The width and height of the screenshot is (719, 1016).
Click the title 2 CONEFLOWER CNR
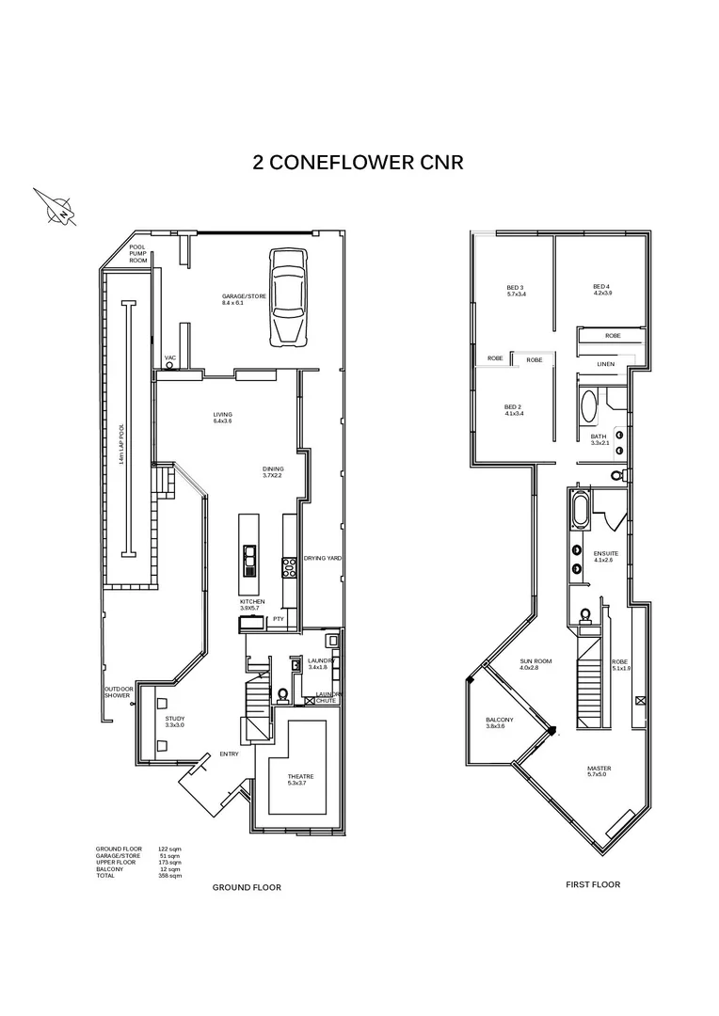point(359,162)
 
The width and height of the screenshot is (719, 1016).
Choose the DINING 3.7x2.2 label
point(272,472)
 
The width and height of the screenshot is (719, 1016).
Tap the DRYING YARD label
point(322,558)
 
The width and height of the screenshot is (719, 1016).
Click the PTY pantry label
point(278,619)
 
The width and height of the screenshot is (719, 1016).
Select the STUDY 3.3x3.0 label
point(174,722)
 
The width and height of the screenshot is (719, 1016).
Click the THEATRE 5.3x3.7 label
point(300,779)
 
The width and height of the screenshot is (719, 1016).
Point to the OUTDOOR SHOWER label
point(120,691)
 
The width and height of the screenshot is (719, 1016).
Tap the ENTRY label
point(229,754)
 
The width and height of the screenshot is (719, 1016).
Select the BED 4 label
point(602,290)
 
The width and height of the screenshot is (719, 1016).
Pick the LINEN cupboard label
point(606,364)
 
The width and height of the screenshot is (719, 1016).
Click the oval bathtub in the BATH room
point(589,407)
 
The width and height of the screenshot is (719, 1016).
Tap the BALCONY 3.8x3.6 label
point(496,722)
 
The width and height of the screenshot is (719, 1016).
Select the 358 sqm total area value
point(169,876)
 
